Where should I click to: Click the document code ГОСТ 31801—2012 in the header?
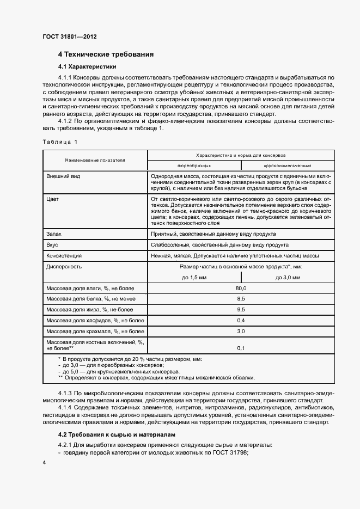point(69,37)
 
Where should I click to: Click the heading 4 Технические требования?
point(106,54)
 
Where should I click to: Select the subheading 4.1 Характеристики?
point(87,67)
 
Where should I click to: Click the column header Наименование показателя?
point(95,160)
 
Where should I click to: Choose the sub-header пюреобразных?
point(194,165)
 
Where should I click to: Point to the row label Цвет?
point(53,199)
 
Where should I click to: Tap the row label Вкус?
point(53,244)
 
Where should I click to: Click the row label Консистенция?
point(64,255)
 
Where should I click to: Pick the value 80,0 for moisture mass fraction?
point(241,287)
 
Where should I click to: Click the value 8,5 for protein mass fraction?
point(241,298)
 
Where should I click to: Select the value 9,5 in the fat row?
point(241,309)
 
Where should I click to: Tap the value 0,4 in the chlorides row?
point(241,320)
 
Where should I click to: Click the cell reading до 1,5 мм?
point(194,277)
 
